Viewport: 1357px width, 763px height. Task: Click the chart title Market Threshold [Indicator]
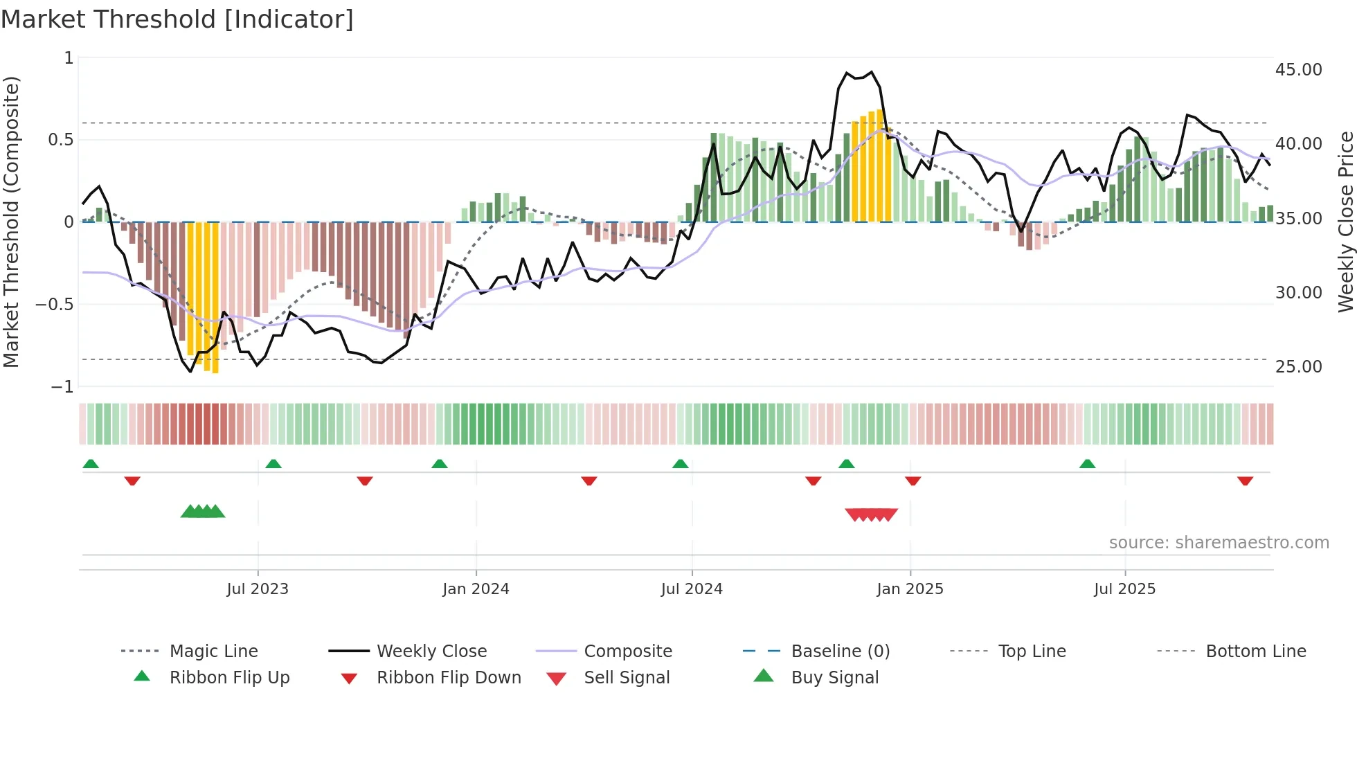pos(177,19)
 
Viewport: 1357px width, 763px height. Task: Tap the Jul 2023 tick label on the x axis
pos(257,589)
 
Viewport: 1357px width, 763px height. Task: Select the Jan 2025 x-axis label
pos(909,589)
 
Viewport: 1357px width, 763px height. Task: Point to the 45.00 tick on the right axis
pos(1298,70)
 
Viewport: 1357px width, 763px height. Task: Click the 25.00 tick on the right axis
pos(1298,367)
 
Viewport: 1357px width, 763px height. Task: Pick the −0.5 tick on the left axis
pos(54,305)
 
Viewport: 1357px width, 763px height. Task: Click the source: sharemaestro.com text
pos(1219,543)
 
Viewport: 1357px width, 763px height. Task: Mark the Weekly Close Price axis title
pos(1345,222)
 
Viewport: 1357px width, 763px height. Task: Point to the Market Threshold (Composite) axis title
pos(12,222)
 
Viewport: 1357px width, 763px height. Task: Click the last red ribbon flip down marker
pos(1245,481)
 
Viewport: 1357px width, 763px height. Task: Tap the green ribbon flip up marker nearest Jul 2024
pos(680,464)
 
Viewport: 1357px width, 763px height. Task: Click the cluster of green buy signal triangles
pos(203,512)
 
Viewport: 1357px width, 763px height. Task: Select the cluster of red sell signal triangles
pos(871,514)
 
